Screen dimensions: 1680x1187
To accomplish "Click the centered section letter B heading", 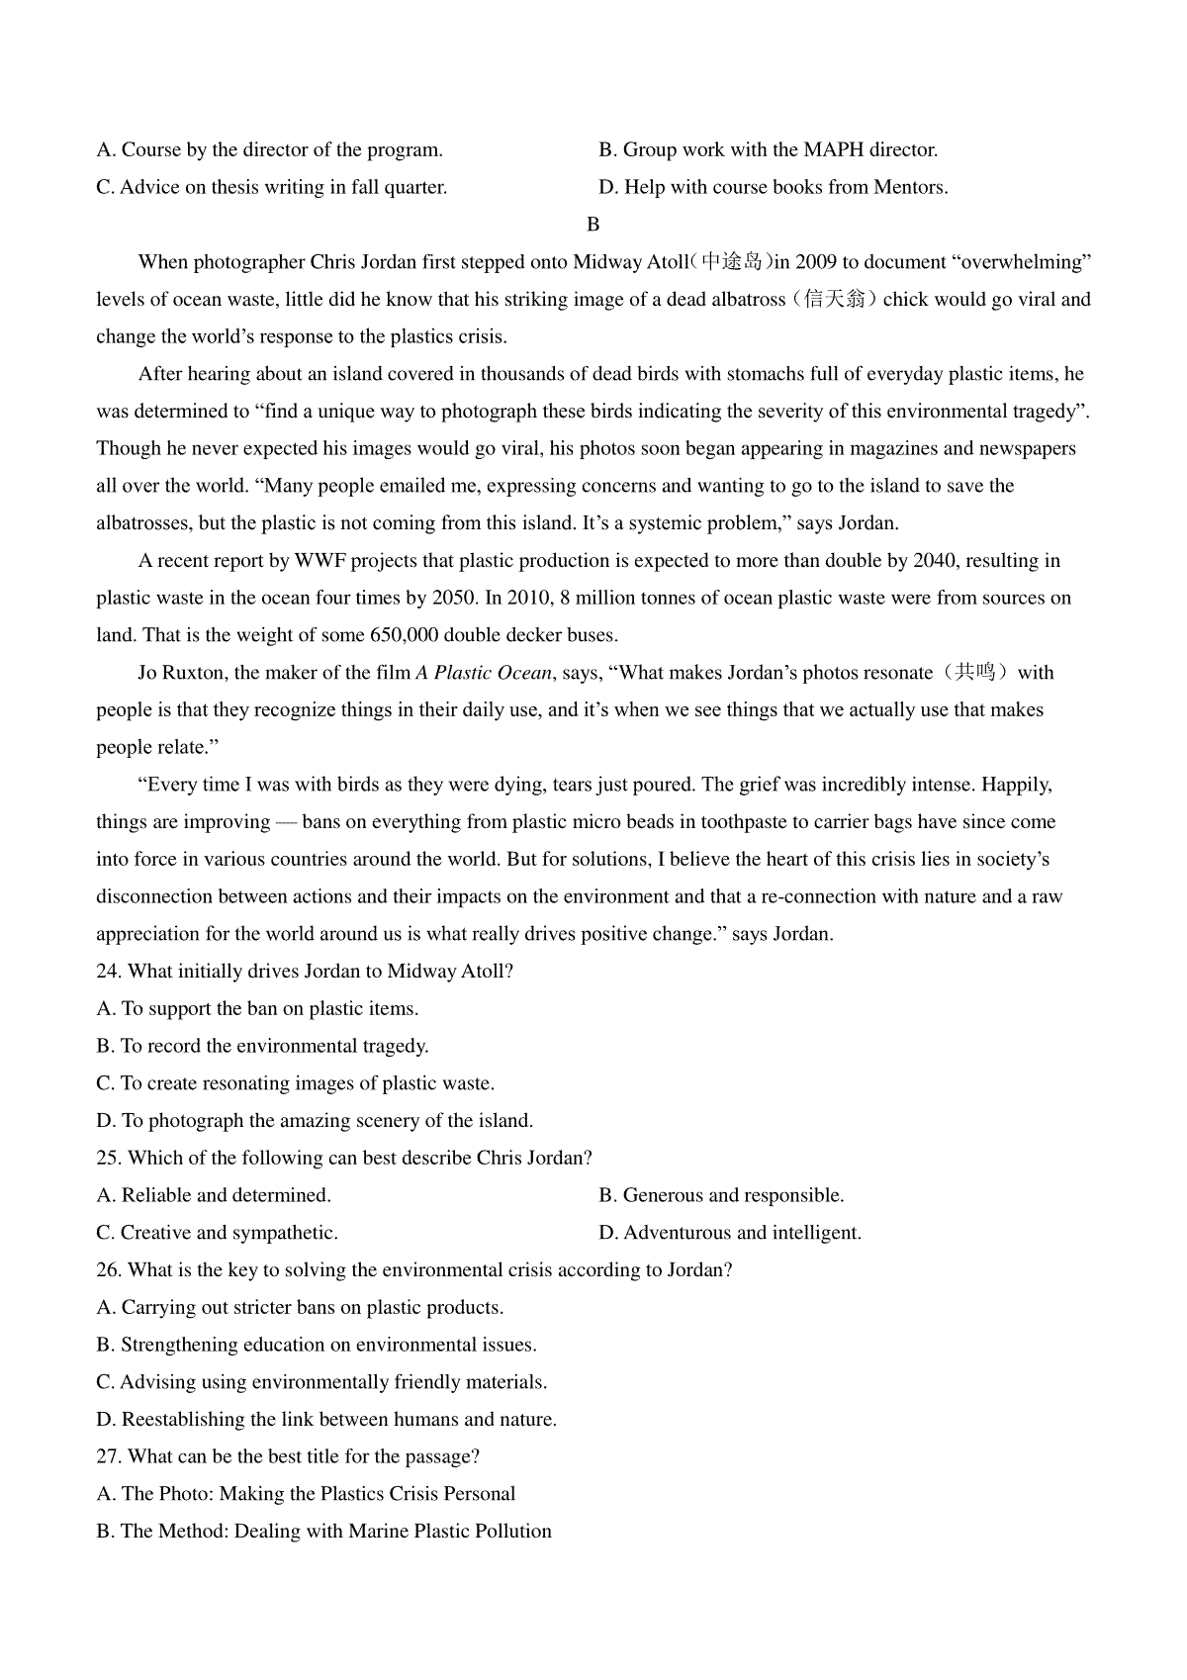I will point(593,225).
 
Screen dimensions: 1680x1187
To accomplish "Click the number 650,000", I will point(411,635).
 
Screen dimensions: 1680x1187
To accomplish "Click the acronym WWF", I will point(318,561).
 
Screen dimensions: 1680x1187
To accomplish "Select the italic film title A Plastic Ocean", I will point(483,673).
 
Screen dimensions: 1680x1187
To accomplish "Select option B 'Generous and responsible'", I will point(721,1195).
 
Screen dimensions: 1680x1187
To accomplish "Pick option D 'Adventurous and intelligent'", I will point(730,1233).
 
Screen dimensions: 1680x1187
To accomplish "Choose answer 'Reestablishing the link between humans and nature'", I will point(326,1420).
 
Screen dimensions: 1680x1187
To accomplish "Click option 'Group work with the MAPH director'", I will point(768,150).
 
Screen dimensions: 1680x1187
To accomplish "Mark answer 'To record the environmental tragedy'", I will point(262,1046).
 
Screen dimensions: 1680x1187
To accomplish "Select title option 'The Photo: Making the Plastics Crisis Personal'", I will point(306,1494).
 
